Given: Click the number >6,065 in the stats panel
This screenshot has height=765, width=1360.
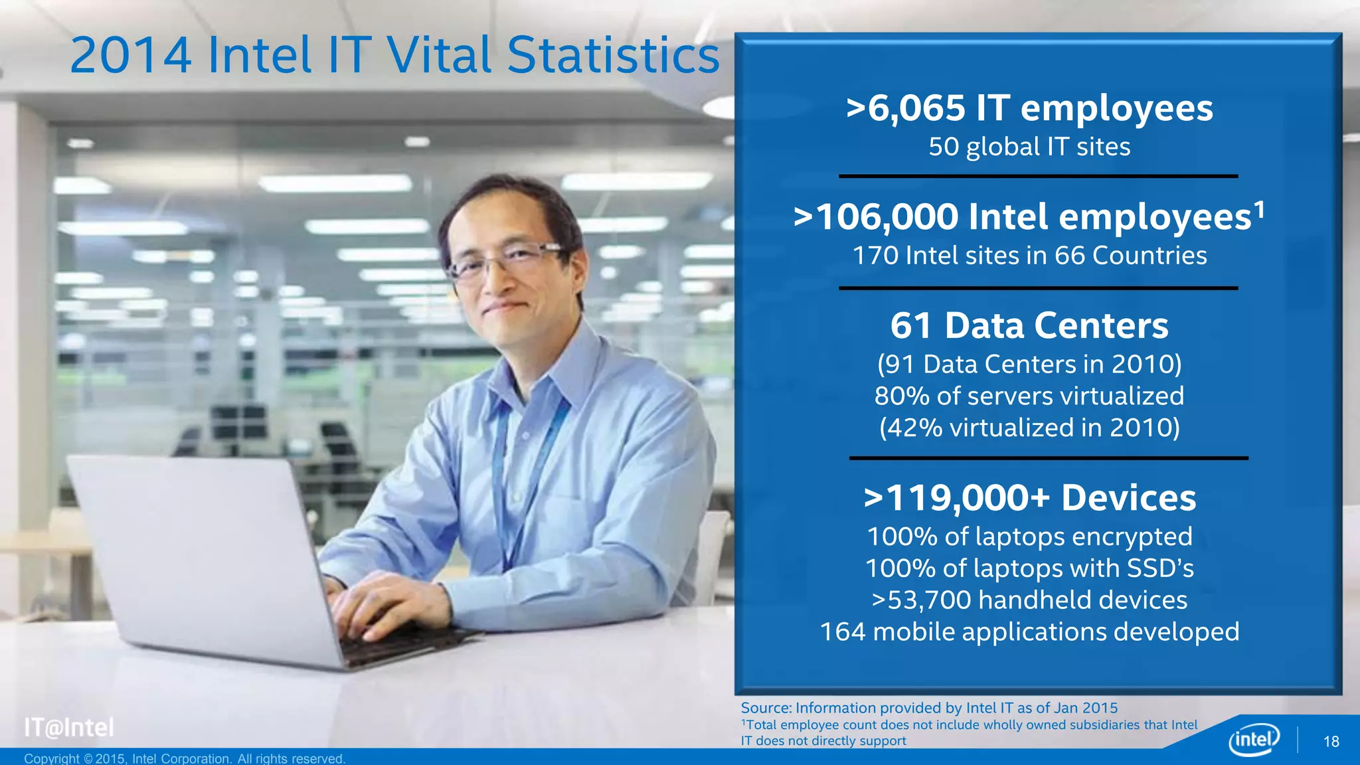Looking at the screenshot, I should click(x=906, y=108).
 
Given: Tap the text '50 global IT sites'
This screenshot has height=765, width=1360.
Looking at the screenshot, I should click(x=1029, y=147).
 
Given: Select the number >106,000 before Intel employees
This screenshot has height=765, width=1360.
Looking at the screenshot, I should click(x=877, y=217).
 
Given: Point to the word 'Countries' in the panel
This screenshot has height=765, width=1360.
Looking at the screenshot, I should click(x=1149, y=256).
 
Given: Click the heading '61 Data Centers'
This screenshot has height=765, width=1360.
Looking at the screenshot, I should click(x=1029, y=325).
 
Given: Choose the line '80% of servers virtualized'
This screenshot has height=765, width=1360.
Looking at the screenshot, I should click(x=1029, y=396).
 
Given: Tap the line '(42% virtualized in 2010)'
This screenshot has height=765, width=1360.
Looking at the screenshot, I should click(x=1029, y=428).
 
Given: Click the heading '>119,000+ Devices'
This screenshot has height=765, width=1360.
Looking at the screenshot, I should click(x=1029, y=498).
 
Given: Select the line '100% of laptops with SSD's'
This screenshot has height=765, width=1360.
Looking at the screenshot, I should click(x=1029, y=568).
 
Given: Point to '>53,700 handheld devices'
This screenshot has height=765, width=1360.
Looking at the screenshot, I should click(x=1029, y=600).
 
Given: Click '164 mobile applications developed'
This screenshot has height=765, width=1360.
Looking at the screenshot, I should click(x=1029, y=632).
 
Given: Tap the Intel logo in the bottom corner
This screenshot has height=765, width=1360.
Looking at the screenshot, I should click(x=1254, y=738).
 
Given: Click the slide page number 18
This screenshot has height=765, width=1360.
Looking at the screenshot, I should click(x=1331, y=742).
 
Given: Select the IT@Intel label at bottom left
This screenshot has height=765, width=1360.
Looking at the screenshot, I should click(x=69, y=728).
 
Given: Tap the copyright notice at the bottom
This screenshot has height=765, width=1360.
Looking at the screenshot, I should click(x=185, y=758).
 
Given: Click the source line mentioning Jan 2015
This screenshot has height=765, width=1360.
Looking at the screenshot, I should click(x=929, y=708).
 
